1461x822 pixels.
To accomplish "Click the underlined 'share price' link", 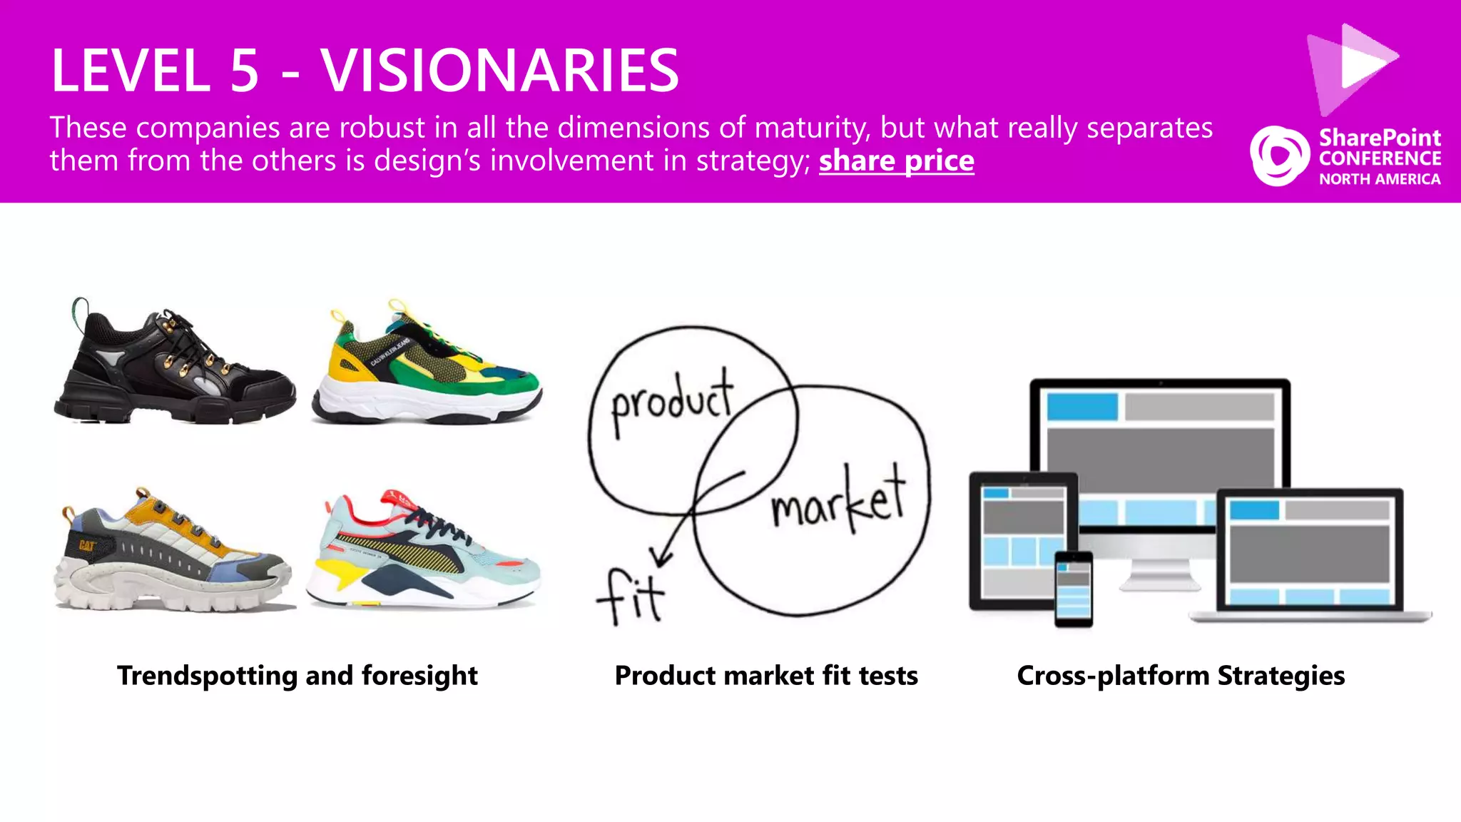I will click(896, 161).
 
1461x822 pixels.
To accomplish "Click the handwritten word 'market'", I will click(839, 499).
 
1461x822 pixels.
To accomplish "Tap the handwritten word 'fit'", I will click(631, 597).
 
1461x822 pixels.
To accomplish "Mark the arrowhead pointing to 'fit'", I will click(659, 557).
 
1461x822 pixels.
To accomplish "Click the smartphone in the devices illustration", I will click(1073, 589).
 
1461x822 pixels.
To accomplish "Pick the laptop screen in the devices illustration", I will click(1310, 549).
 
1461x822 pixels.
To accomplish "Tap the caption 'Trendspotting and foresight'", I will click(297, 675).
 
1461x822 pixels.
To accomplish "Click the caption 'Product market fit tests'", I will click(766, 675).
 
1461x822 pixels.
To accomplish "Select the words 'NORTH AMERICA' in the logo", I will click(1380, 179).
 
